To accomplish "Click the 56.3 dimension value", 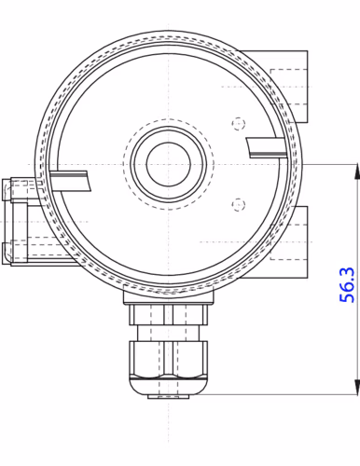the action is click(346, 284).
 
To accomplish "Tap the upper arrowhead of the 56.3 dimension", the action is click(356, 171).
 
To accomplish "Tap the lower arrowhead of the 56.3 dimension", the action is click(356, 388).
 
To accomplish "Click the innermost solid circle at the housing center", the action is click(168, 164).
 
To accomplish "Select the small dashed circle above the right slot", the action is click(238, 124).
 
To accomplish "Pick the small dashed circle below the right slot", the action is click(238, 204).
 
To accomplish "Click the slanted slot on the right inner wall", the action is click(266, 147).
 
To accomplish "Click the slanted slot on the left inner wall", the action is click(70, 181).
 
